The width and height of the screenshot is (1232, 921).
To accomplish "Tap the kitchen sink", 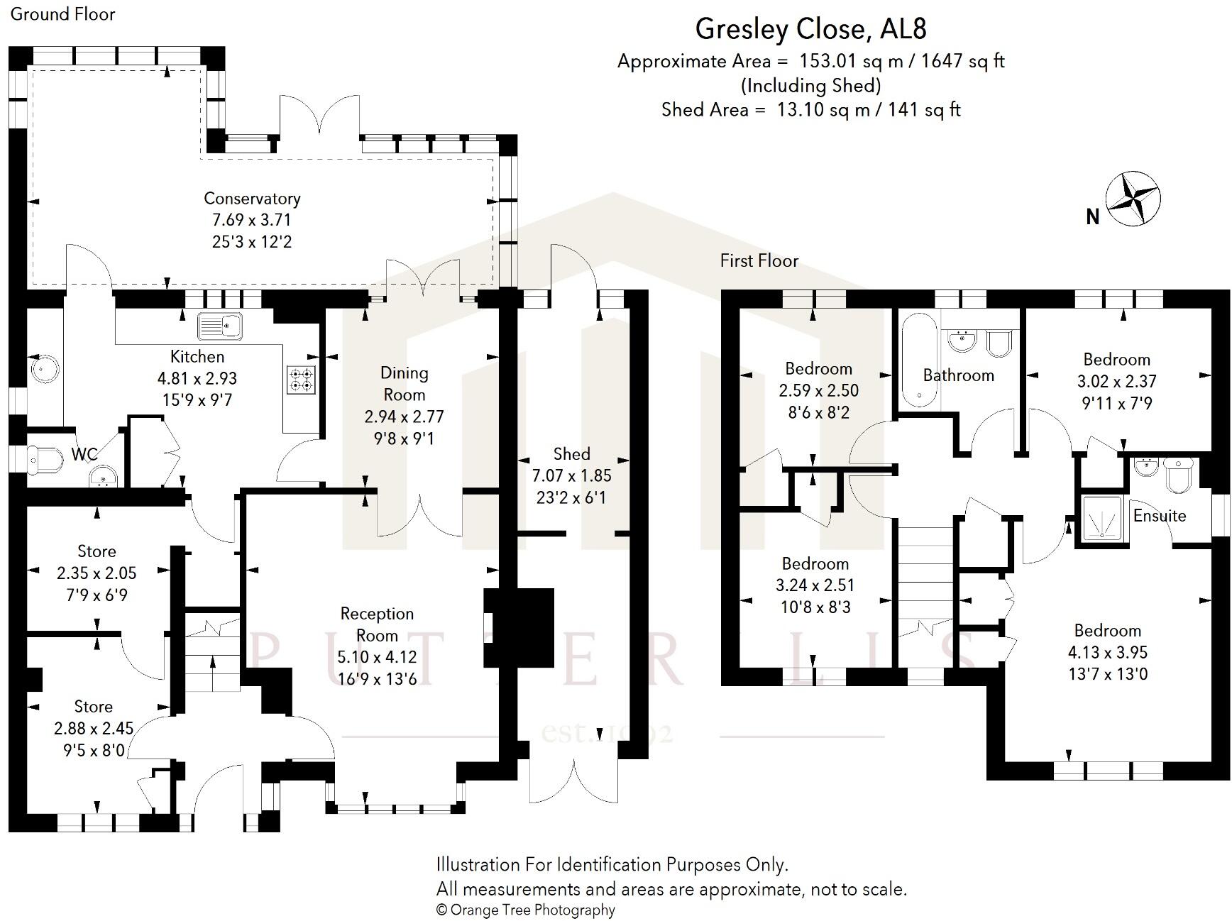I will [220, 326].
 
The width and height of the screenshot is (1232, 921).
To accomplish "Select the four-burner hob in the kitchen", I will [301, 379].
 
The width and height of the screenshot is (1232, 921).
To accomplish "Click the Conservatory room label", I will [252, 199].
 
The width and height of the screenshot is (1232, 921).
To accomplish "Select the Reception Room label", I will [377, 624].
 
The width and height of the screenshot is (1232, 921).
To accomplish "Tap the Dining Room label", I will [404, 383].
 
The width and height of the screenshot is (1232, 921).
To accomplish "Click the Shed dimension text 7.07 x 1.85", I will [571, 476].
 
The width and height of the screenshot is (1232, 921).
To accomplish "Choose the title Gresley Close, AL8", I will [810, 29].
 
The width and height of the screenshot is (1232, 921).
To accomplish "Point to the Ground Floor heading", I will [62, 14].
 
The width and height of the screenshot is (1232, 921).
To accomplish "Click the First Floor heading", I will [759, 261].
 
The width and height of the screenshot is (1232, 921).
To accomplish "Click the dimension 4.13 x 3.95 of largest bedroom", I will [1107, 652].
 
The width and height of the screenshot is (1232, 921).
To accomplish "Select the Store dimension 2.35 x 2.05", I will [97, 573].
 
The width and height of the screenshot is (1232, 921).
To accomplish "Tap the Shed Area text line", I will [810, 110].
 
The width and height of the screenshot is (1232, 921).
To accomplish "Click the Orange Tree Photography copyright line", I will [525, 910].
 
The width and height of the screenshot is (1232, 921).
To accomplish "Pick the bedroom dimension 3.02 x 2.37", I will [1116, 382].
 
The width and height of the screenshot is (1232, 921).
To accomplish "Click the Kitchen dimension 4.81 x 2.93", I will [197, 379].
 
